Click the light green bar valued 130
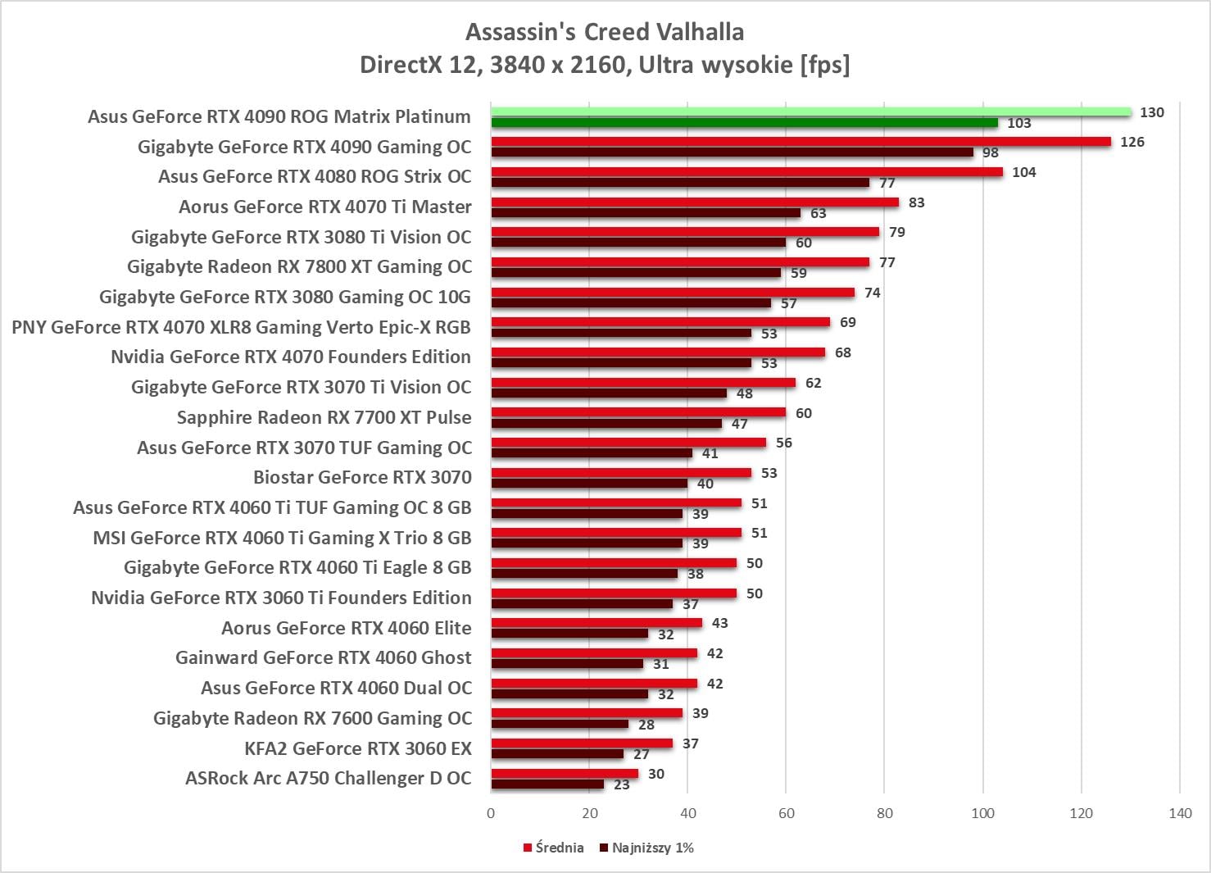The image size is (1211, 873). [811, 112]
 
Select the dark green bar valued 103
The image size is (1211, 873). [744, 123]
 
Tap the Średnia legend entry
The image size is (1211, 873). [553, 848]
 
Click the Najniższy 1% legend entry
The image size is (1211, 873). [646, 848]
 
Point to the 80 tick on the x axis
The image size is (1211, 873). [885, 813]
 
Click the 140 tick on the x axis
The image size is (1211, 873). [1180, 813]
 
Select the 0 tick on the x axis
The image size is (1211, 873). [491, 813]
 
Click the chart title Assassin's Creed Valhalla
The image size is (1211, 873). [605, 32]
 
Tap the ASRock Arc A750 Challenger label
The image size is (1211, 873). [328, 778]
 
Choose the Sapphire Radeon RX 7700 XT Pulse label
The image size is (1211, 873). [324, 417]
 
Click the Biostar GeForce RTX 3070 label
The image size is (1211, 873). [362, 477]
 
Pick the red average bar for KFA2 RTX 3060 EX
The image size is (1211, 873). [582, 743]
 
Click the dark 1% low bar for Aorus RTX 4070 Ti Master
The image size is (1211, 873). [646, 213]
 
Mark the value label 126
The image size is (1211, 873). [1132, 142]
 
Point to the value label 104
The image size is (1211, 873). [1023, 172]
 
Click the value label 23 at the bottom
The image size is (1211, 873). [622, 784]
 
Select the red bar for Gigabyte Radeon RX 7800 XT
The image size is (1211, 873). [680, 262]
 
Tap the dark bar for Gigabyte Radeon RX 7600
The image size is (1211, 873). [560, 724]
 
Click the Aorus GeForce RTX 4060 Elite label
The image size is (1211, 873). [346, 628]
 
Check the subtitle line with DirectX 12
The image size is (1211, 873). [605, 64]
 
